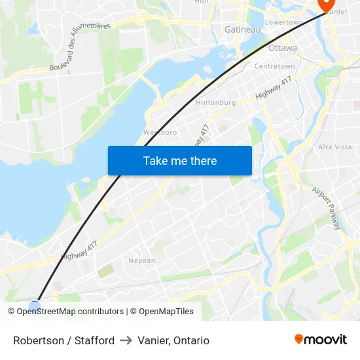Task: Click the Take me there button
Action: coord(179,160)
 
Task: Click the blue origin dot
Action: coord(35,305)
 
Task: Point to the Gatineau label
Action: coord(242,29)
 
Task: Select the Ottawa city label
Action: coord(282,48)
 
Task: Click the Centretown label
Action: coord(274,66)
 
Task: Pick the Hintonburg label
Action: coord(215,102)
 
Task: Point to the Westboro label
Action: coord(160,132)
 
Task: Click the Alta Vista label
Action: coord(334,147)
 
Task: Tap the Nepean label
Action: coord(142,261)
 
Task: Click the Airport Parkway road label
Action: coord(326,208)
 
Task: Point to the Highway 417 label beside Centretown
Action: coord(273,87)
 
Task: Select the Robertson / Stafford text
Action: coord(63,340)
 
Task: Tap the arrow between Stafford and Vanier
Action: coord(126,340)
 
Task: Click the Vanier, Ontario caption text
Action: coord(173,340)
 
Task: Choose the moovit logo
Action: coord(320,339)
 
